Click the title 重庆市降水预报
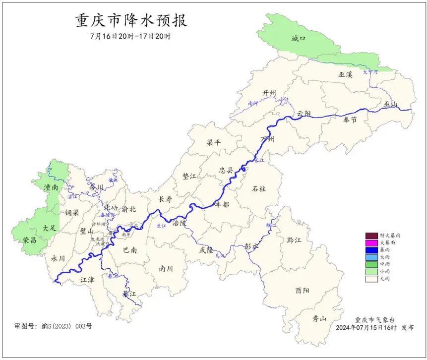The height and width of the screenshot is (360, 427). [131, 21]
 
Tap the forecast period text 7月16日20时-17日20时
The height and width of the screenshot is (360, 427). [131, 37]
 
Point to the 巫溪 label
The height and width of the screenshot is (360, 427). [345, 74]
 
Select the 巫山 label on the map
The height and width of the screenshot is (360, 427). [390, 104]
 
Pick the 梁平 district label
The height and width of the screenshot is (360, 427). [214, 142]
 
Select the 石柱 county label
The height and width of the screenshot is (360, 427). [259, 189]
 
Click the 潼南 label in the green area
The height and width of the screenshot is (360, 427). [51, 187]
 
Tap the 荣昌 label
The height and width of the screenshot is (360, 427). [29, 240]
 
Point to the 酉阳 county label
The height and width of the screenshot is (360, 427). [302, 290]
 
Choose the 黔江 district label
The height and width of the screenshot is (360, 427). [294, 240]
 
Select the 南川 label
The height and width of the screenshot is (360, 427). [166, 269]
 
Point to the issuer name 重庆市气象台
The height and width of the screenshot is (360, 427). [374, 320]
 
